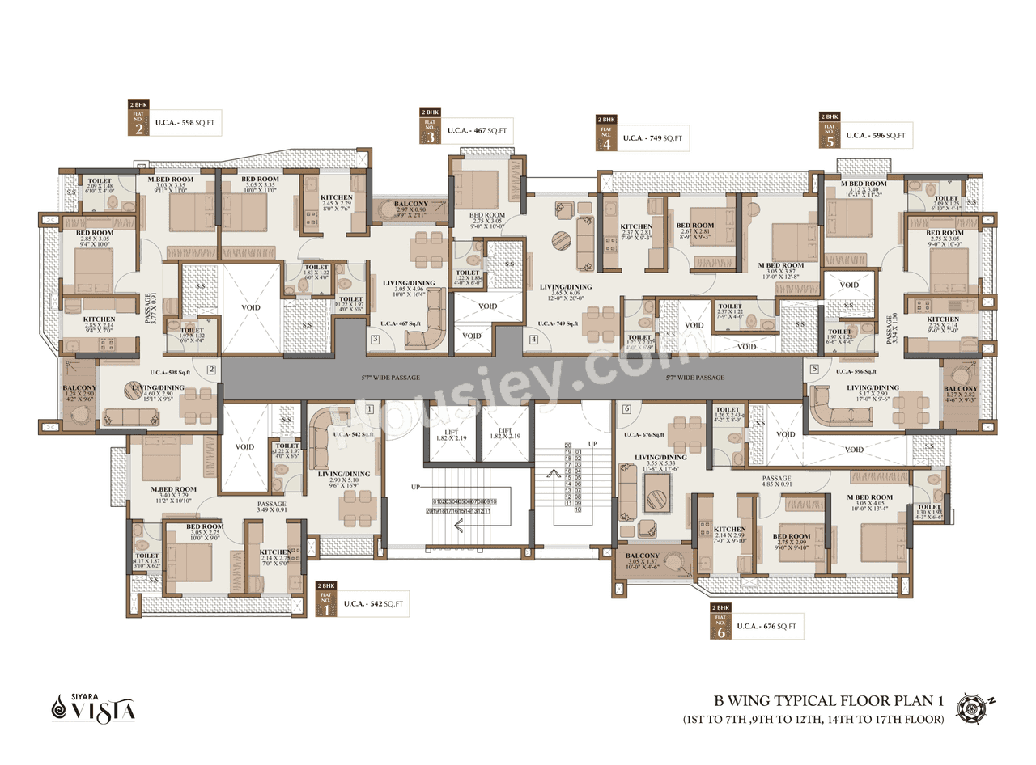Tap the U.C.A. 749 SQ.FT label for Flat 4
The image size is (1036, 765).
652,138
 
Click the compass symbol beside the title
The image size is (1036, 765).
970,707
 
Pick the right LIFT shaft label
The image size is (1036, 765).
505,433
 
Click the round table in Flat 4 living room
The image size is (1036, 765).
561,242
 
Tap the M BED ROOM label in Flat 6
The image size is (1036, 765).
870,497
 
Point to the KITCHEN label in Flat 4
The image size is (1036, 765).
635,226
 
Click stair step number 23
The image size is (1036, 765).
567,445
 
